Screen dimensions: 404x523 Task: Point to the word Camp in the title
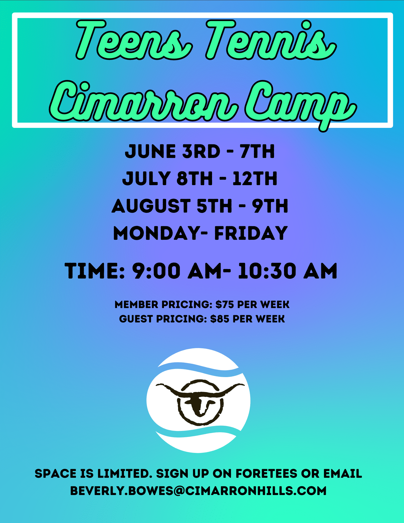[301, 105]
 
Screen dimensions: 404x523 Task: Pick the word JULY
[146, 179]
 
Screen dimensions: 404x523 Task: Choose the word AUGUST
[151, 206]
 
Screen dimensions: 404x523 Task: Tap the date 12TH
[255, 179]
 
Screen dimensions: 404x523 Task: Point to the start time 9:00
[156, 271]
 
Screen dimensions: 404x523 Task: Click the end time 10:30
[267, 271]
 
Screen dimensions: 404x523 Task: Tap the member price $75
[225, 305]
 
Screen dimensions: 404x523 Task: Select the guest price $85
[220, 319]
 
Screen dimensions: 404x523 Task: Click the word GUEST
[136, 319]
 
